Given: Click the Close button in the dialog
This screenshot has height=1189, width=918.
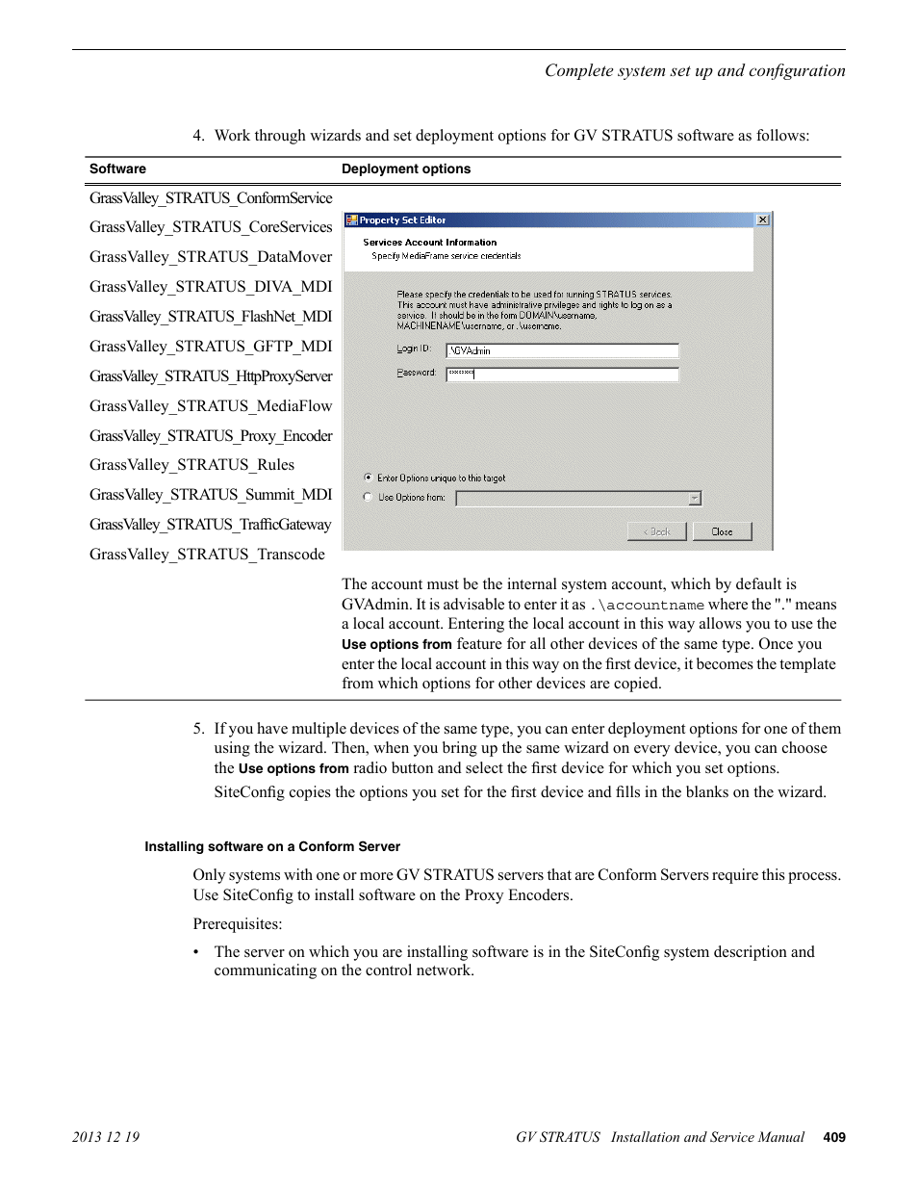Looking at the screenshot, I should click(x=722, y=531).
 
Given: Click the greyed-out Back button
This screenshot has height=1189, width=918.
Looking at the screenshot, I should click(x=657, y=531).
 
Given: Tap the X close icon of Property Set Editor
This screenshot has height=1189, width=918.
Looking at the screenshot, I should click(x=762, y=220).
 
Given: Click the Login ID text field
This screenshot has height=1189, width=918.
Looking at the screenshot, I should click(x=562, y=350).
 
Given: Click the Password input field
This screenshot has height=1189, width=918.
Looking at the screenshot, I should click(x=562, y=374).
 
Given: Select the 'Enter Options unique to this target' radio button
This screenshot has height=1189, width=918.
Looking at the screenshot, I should click(x=368, y=478).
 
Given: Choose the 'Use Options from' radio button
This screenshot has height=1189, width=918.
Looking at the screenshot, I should click(x=368, y=498).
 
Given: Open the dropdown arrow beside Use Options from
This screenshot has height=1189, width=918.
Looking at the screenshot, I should click(x=695, y=499).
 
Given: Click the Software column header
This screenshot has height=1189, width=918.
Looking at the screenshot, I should click(x=117, y=169).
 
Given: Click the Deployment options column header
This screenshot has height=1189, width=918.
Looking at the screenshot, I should click(x=406, y=169).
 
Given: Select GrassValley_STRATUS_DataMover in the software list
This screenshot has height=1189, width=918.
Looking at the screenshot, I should click(x=211, y=257).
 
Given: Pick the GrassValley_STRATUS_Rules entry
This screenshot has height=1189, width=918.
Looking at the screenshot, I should click(x=191, y=465).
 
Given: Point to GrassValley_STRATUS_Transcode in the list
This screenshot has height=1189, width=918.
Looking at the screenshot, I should click(x=207, y=555).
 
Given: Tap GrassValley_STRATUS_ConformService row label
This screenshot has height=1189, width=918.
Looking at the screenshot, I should click(x=211, y=198).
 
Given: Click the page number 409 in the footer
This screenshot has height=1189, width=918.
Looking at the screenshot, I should click(x=834, y=1137).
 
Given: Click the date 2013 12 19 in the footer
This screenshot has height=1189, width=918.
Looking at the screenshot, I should click(x=106, y=1137).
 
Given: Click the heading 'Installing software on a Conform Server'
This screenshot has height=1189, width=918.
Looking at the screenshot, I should click(x=272, y=847).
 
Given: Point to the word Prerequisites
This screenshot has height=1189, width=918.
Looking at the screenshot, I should click(x=237, y=924).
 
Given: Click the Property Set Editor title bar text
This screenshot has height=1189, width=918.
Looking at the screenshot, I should click(x=402, y=220).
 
